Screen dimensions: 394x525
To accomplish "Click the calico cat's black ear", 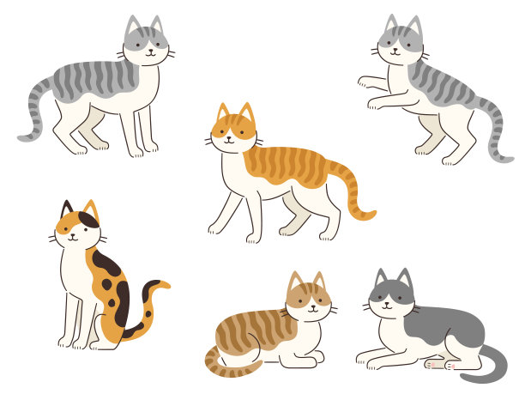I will [67, 209].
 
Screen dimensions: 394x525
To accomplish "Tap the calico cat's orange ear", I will [90, 210].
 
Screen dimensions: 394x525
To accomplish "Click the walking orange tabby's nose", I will [228, 137].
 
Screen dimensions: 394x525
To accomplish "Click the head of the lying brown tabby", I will [308, 296].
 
